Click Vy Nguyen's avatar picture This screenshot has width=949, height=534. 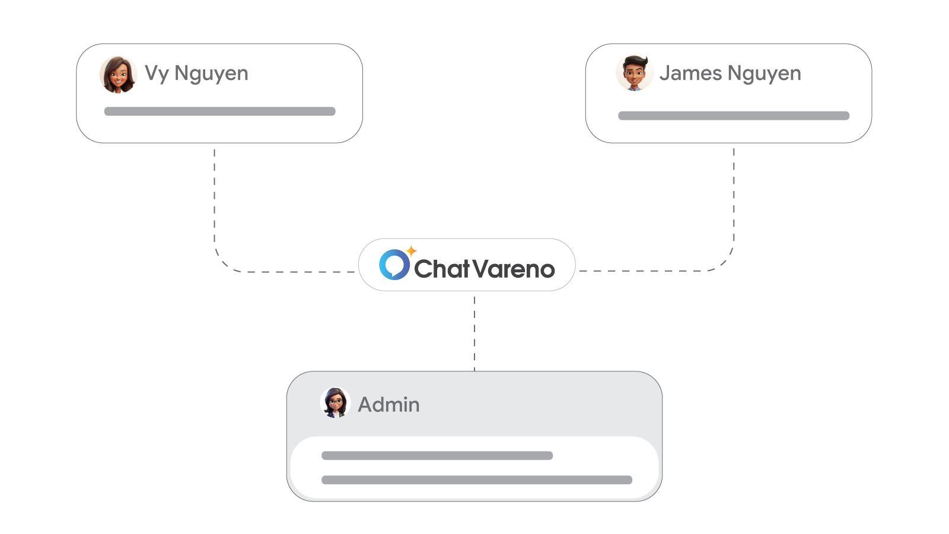(x=118, y=75)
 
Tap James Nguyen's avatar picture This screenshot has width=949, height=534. (x=634, y=73)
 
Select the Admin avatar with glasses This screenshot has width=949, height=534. (x=335, y=403)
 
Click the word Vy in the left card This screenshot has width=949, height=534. (x=157, y=74)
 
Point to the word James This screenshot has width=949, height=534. (x=690, y=73)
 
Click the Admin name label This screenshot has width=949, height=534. (x=388, y=405)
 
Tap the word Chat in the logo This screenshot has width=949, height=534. (x=441, y=269)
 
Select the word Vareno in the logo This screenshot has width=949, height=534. (x=514, y=269)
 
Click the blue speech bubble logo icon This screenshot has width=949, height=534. (x=394, y=265)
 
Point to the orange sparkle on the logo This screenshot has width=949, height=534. (x=411, y=251)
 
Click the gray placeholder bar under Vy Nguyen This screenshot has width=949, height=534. (x=219, y=112)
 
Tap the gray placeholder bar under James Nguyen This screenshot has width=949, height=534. (x=734, y=116)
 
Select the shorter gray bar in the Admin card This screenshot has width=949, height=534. (x=437, y=456)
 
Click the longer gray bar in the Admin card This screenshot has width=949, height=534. (x=476, y=480)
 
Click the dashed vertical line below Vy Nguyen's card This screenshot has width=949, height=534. (x=214, y=196)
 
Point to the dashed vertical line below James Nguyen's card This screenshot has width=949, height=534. (x=734, y=196)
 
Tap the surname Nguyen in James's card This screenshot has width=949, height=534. (x=764, y=74)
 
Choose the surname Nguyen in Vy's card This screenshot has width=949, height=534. (x=211, y=74)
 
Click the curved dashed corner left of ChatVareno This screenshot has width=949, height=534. (x=223, y=262)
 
